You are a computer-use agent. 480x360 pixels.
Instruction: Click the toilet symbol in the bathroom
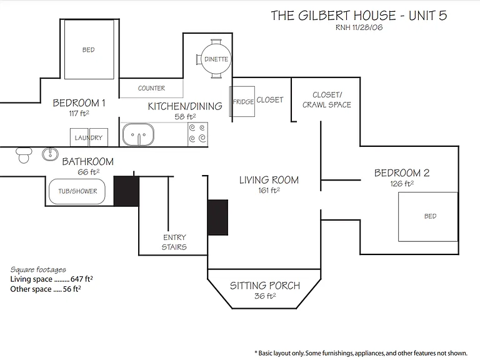[x=24, y=155]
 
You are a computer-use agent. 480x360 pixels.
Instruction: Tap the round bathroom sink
[x=50, y=154]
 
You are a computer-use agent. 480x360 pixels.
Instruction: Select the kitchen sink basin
[x=138, y=134]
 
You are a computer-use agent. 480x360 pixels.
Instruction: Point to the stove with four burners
[x=197, y=134]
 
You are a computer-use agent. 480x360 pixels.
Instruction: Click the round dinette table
[x=215, y=59]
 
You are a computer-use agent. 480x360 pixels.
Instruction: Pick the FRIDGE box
[x=242, y=101]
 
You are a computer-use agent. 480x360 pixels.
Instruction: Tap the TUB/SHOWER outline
[x=77, y=191]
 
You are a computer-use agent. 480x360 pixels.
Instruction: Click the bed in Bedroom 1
[x=89, y=49]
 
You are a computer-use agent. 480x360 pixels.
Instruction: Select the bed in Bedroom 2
[x=428, y=217]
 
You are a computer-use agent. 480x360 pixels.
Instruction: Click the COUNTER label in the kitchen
[x=151, y=89]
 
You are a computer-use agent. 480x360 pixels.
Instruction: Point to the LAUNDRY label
[x=89, y=137]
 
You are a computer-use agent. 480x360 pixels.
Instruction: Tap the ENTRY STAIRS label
[x=174, y=242]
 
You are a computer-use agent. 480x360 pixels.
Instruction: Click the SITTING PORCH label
[x=265, y=286]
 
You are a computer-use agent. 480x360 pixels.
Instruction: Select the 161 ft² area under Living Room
[x=269, y=191]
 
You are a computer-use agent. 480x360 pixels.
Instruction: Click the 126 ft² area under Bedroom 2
[x=402, y=184]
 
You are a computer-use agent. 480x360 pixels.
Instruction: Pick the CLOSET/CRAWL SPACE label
[x=327, y=100]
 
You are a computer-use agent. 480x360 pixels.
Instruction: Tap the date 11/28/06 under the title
[x=367, y=27]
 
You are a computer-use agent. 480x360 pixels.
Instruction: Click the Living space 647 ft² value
[x=81, y=279]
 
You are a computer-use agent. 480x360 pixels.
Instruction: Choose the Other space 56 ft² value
[x=72, y=289]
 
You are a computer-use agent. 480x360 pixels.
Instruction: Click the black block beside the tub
[x=126, y=191]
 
